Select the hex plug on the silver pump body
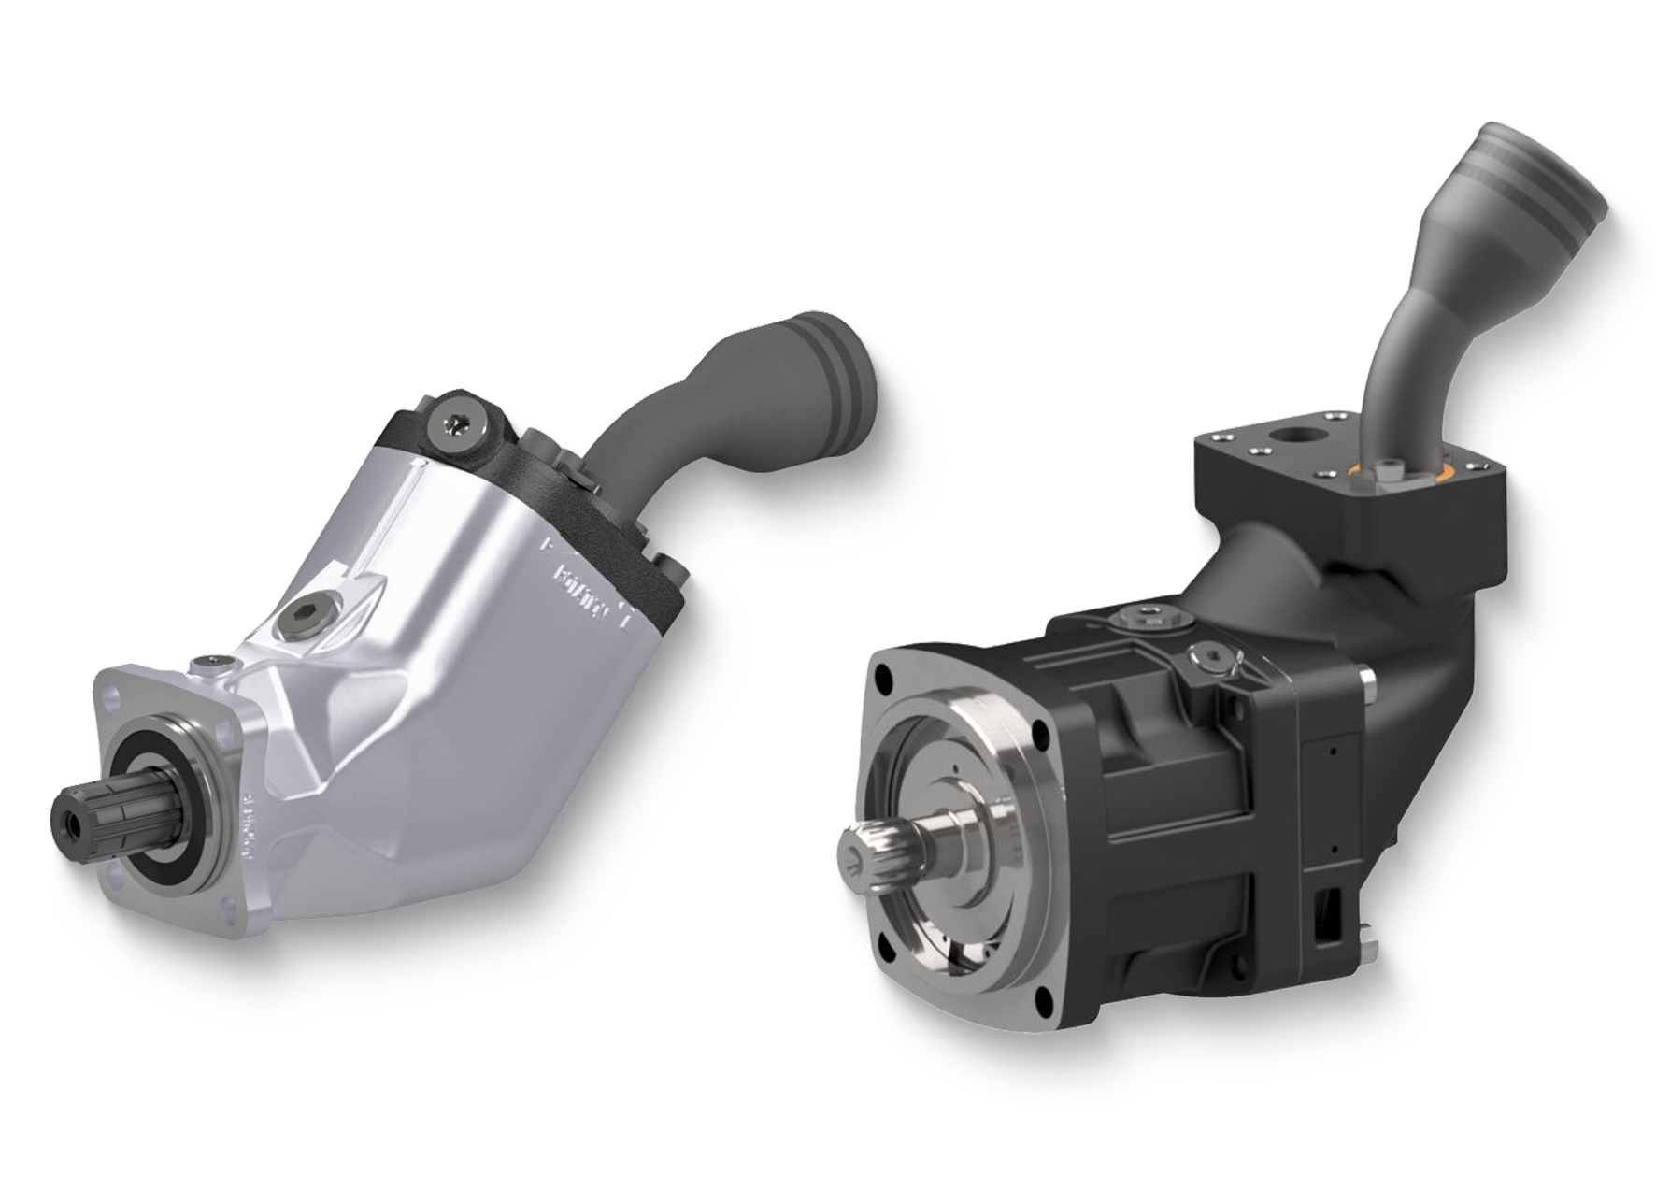click(x=306, y=615)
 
